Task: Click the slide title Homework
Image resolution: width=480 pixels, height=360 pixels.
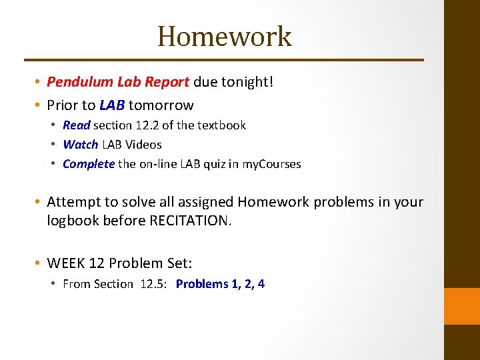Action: pos(225,36)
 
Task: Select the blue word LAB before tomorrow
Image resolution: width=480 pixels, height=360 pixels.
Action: pos(112,105)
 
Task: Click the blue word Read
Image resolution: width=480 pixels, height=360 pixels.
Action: pos(76,125)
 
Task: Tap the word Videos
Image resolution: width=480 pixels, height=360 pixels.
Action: pos(145,145)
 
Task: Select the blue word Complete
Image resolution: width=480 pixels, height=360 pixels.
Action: pos(89,164)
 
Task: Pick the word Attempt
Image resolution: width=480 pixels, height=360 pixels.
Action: pos(73,202)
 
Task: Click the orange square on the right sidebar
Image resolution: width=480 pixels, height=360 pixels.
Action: pos(462,306)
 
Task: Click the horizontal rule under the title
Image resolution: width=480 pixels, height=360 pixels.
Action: pos(224,60)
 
